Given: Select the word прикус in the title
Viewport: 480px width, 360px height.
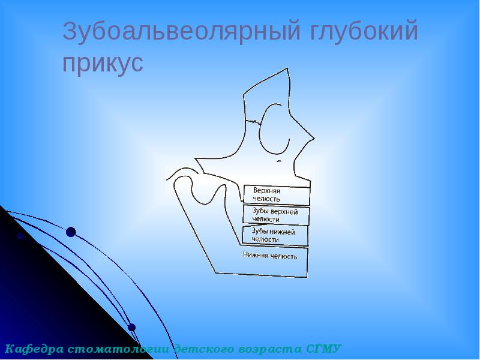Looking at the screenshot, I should (103, 64).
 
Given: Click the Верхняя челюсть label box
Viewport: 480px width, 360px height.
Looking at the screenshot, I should (277, 194).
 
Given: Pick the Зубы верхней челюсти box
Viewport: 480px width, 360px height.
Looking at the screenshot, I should (276, 214).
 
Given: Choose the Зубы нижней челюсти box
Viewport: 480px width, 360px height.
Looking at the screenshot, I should (275, 235).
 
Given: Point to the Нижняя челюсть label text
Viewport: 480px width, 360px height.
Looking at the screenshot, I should (270, 255).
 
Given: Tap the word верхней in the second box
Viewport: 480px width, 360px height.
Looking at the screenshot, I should (284, 211).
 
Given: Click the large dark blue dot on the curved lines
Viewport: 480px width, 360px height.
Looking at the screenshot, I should (71, 232).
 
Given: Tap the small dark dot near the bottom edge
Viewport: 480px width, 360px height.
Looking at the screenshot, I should (132, 328).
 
